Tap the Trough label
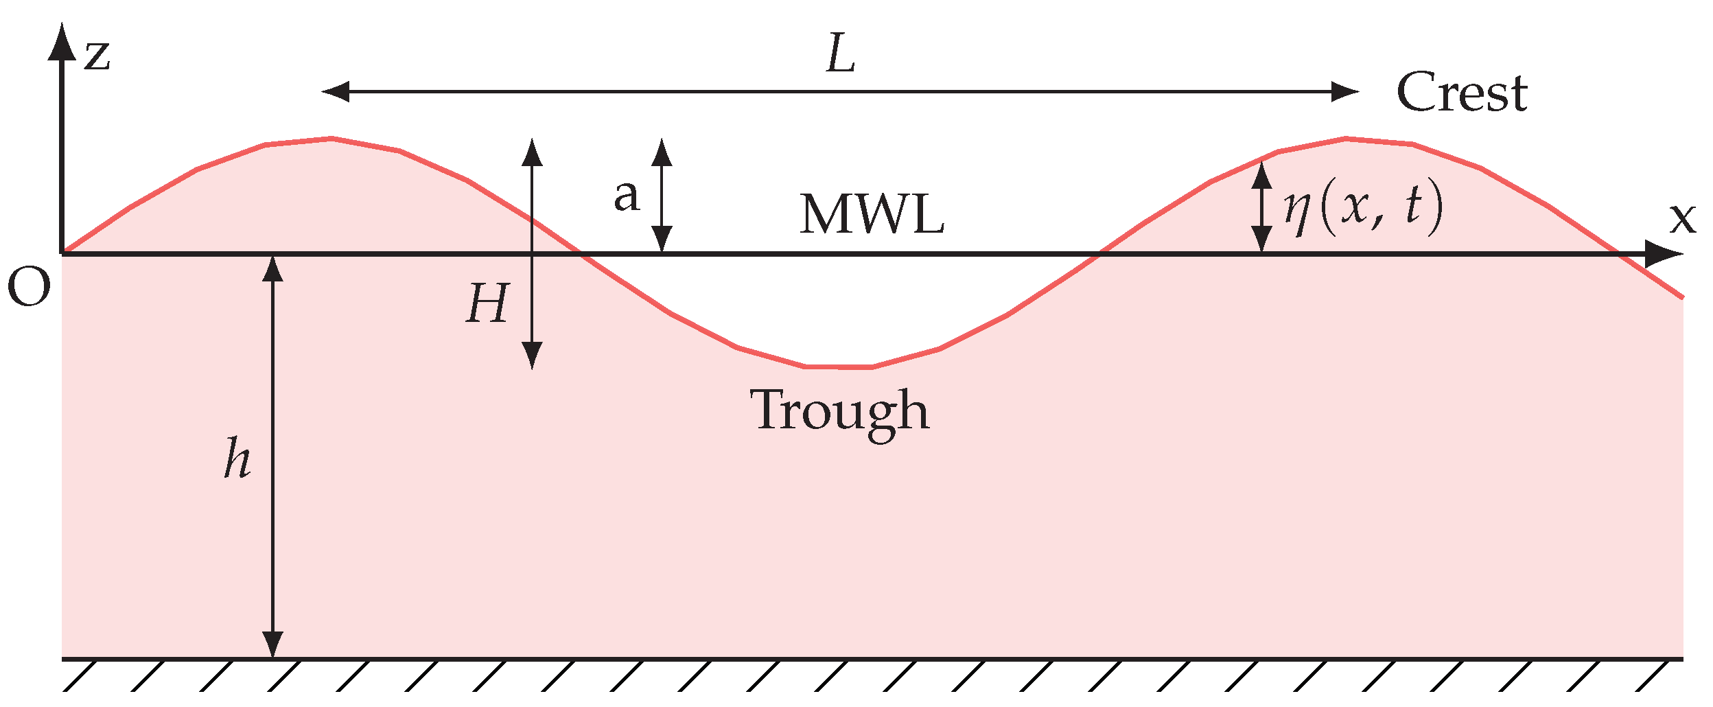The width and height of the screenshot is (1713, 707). tap(839, 410)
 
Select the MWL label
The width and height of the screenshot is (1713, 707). tap(872, 215)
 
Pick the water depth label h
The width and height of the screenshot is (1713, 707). tap(237, 458)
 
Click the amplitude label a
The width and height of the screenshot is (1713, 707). tap(626, 196)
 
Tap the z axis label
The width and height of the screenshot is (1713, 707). tap(97, 55)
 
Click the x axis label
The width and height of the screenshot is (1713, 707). tap(1682, 218)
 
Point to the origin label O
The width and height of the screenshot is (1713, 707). tap(29, 288)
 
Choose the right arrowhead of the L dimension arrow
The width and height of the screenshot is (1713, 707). tap(1344, 91)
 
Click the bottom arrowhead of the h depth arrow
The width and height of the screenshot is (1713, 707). tap(273, 643)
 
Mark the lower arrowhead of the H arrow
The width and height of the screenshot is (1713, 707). tap(532, 355)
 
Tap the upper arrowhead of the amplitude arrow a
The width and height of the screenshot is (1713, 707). tap(662, 153)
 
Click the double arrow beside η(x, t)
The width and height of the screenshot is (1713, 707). tap(1261, 207)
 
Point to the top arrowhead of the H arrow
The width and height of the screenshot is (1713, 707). tap(532, 152)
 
